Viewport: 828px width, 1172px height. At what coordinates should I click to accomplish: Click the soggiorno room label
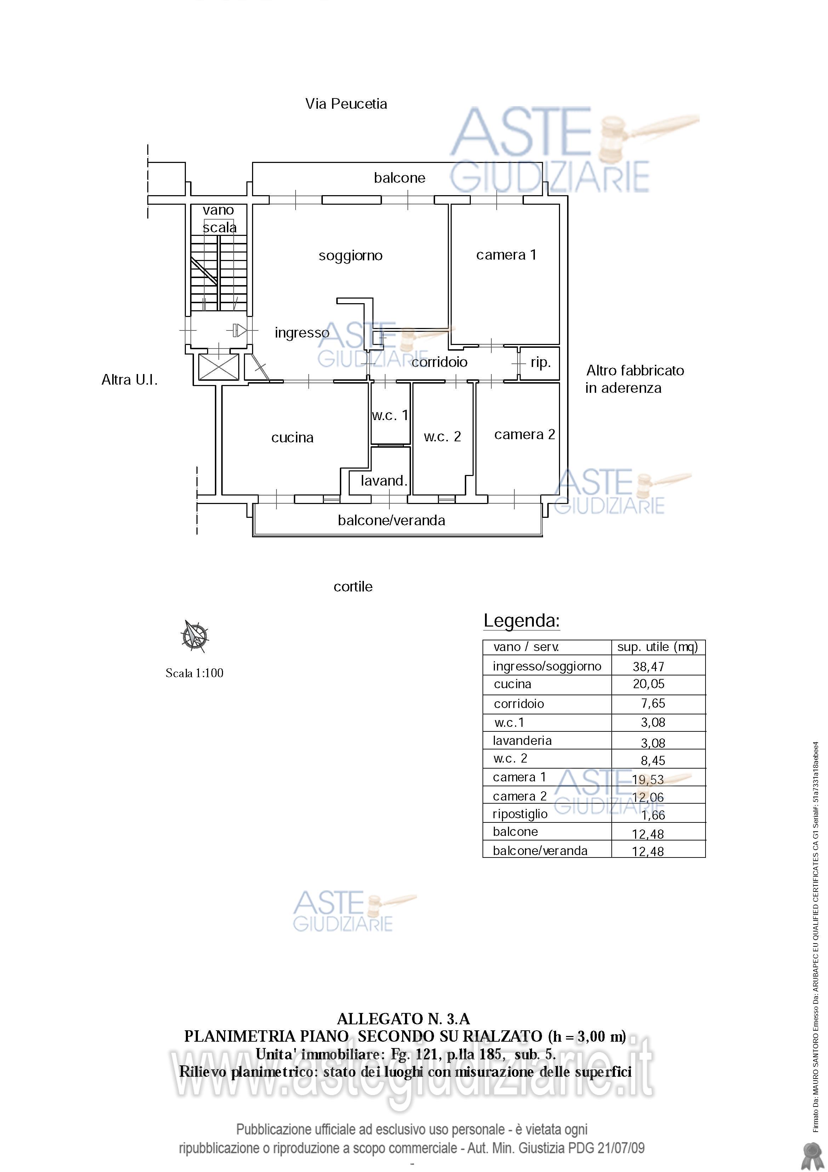pyautogui.click(x=350, y=256)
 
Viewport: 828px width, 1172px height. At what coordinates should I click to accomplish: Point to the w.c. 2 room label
pyautogui.click(x=442, y=437)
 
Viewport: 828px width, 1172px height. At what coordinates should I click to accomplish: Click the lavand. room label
pyautogui.click(x=384, y=481)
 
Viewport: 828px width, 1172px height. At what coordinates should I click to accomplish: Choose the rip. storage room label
pyautogui.click(x=540, y=363)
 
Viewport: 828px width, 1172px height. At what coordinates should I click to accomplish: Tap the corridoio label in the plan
pyautogui.click(x=439, y=362)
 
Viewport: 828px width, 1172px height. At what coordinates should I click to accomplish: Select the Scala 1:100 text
pyautogui.click(x=194, y=673)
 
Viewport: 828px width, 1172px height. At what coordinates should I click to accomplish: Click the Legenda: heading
pyautogui.click(x=522, y=621)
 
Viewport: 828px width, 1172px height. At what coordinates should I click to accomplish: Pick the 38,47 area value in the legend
pyautogui.click(x=649, y=667)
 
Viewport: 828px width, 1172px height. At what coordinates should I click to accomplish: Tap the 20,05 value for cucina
pyautogui.click(x=649, y=684)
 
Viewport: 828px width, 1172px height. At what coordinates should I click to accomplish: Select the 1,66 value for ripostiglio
pyautogui.click(x=653, y=815)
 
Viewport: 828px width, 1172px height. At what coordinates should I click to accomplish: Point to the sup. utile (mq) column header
pyautogui.click(x=658, y=647)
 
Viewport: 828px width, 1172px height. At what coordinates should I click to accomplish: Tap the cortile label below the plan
pyautogui.click(x=353, y=587)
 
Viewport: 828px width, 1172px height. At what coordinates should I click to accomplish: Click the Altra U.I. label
pyautogui.click(x=130, y=380)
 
